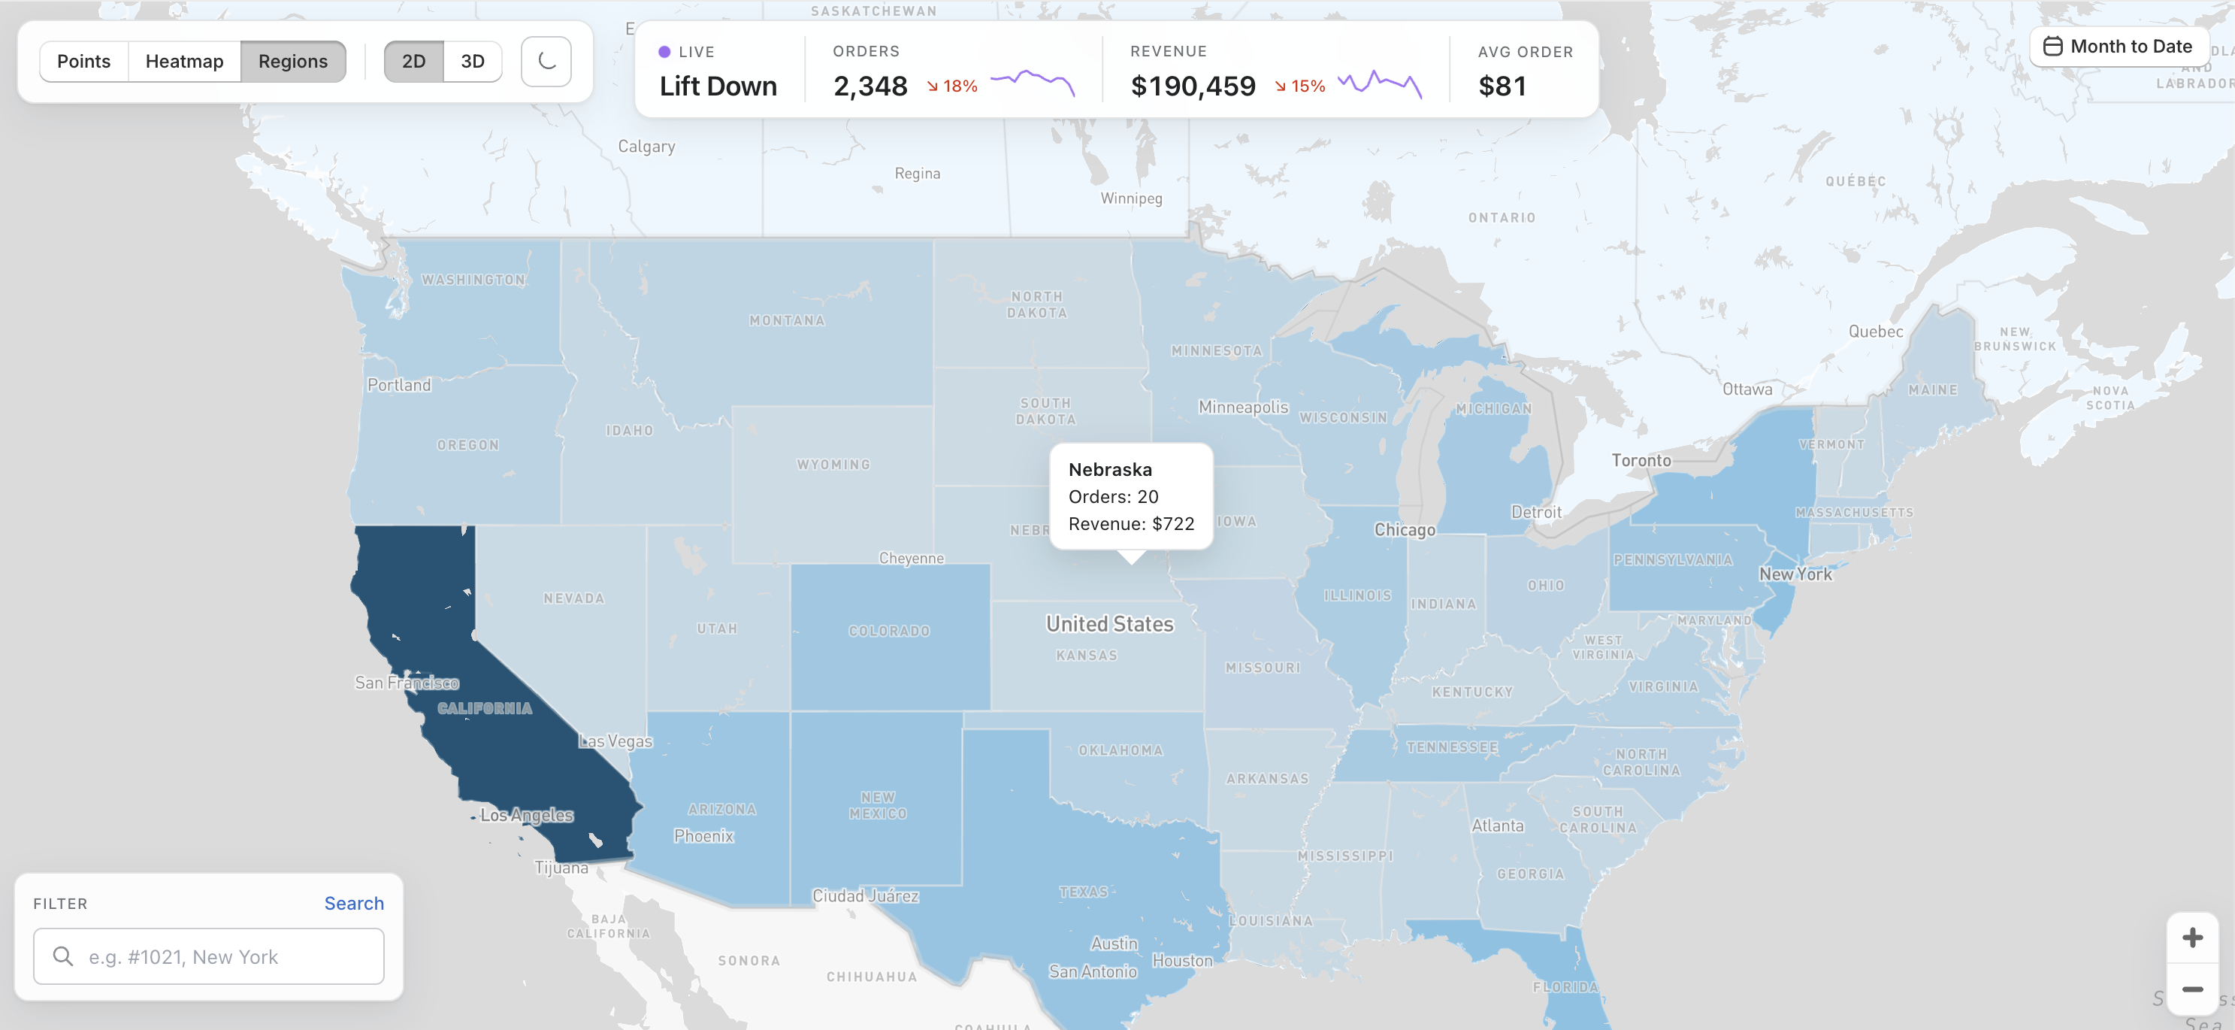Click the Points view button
coord(83,62)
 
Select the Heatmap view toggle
coord(184,62)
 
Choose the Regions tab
coord(292,62)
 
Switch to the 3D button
coord(472,62)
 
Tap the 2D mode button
coord(413,62)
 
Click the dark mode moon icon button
coord(546,62)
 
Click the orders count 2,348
coord(870,86)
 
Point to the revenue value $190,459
coord(1192,86)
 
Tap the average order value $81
coord(1501,86)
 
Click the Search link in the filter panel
coord(353,902)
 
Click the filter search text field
coord(208,956)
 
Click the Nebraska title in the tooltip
coord(1110,469)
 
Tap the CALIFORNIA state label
coord(484,708)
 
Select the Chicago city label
coord(1404,529)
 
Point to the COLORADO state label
coord(888,631)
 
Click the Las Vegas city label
coord(615,741)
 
